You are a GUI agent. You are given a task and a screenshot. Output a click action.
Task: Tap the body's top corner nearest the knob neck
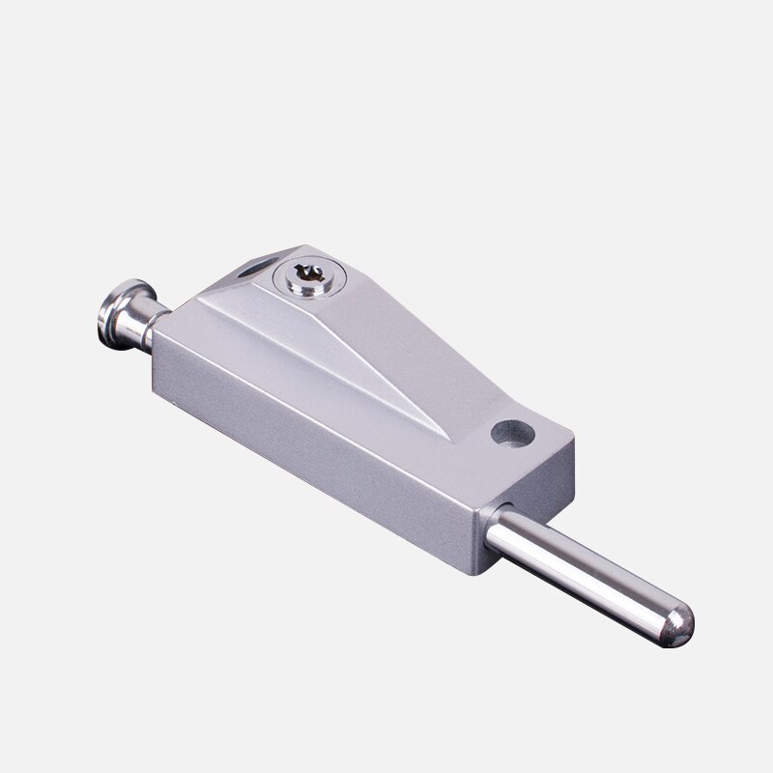tap(178, 311)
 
